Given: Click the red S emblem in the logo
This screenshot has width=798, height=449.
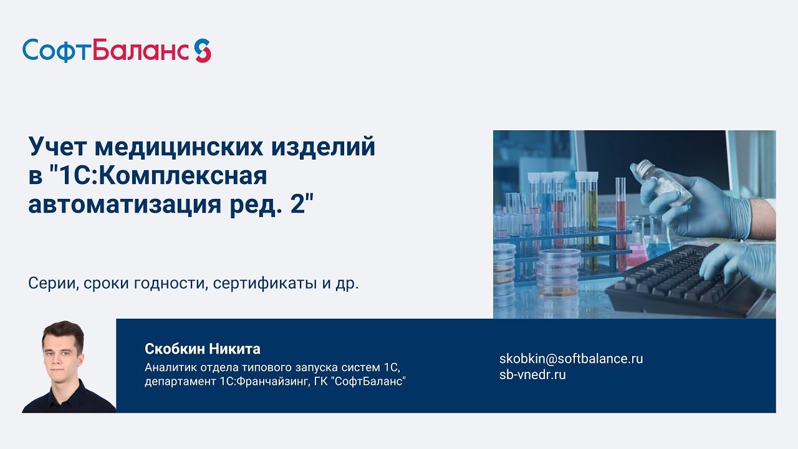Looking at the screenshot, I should point(203,51).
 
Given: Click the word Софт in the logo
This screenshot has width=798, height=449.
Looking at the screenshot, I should point(57,51).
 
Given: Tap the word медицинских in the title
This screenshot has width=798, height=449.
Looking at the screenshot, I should point(176,148).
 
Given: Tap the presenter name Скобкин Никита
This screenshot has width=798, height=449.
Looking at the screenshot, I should point(203,349).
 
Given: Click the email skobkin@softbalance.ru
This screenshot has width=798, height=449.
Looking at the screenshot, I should point(571,359).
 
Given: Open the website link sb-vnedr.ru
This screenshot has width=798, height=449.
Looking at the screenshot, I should point(532,375).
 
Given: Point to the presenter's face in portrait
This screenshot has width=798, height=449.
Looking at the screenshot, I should point(62,352).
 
